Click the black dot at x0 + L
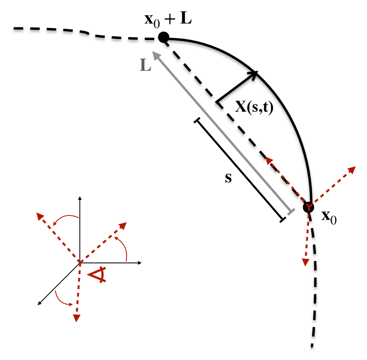tap(164, 38)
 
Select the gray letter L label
tap(145, 65)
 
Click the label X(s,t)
tap(254, 107)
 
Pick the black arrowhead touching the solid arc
tap(254, 74)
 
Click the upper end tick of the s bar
tap(198, 120)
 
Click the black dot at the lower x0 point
tap(308, 207)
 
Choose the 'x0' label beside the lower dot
tap(329, 216)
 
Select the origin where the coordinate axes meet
tap(80, 262)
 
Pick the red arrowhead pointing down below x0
tap(305, 262)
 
